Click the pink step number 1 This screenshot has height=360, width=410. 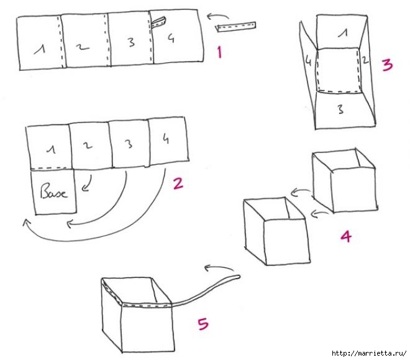pos(220,52)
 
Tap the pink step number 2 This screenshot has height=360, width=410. pos(178,183)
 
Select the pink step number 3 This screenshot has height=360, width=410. pos(387,65)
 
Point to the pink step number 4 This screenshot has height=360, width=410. pos(346,236)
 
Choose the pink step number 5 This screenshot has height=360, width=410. pos(203,324)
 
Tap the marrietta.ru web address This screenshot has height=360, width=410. pos(369,353)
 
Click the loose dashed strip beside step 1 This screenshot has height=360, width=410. pos(236,27)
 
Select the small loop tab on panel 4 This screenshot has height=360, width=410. pos(158,22)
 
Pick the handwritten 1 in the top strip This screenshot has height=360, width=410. pos(39,49)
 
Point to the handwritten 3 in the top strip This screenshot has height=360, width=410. pos(131,42)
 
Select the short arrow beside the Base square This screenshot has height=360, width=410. pos(87,183)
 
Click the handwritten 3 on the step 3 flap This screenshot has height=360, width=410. pos(340,109)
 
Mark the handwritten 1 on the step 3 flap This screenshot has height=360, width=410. pos(342,33)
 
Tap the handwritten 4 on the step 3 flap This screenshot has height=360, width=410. pos(309,61)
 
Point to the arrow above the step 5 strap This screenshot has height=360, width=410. pos(219,268)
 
